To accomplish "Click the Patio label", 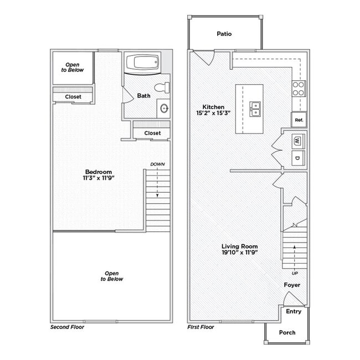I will pyautogui.click(x=224, y=34).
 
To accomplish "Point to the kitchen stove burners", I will pyautogui.click(x=299, y=89).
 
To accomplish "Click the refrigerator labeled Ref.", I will pyautogui.click(x=299, y=120).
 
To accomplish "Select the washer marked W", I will pyautogui.click(x=297, y=140).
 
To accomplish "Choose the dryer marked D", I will pyautogui.click(x=297, y=158).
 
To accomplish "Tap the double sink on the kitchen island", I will pyautogui.click(x=255, y=109).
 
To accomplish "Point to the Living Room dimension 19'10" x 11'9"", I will pyautogui.click(x=239, y=252).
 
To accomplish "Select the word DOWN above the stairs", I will pyautogui.click(x=157, y=164).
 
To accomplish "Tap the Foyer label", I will pyautogui.click(x=292, y=285).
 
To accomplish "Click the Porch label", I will pyautogui.click(x=287, y=332).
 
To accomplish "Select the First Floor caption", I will pyautogui.click(x=200, y=327).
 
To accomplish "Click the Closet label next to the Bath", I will pyautogui.click(x=152, y=133).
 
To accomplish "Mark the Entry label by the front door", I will pyautogui.click(x=294, y=311).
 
